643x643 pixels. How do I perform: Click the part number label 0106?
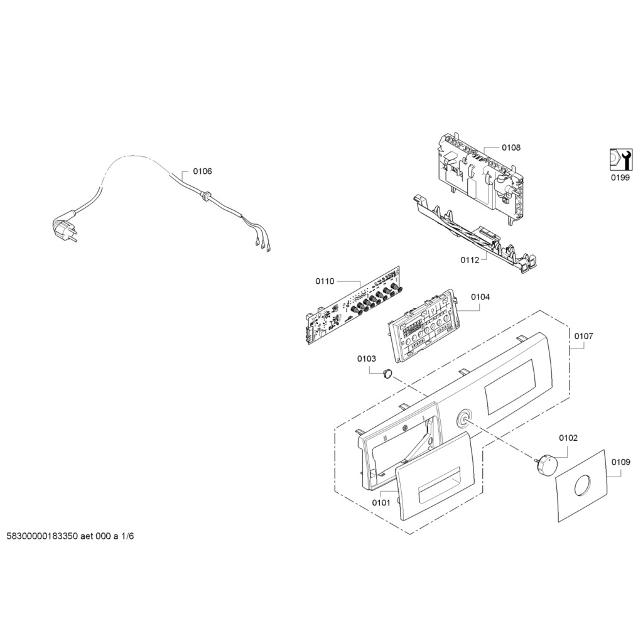click(x=203, y=171)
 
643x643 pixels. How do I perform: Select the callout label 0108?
click(x=511, y=148)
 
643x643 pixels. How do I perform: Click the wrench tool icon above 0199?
click(x=621, y=159)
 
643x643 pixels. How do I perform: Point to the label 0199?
click(x=620, y=178)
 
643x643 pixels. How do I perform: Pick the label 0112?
click(x=470, y=260)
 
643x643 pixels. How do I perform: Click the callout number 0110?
click(x=325, y=281)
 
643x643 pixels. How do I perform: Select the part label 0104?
click(x=480, y=297)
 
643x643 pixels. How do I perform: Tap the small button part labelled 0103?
click(x=387, y=373)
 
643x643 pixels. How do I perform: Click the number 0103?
click(x=367, y=359)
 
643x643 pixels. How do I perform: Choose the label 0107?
click(x=583, y=337)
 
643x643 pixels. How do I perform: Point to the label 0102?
click(x=568, y=438)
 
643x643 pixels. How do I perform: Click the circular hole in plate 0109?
click(x=582, y=485)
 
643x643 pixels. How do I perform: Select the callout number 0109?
click(x=621, y=462)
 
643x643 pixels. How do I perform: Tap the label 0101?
click(x=381, y=503)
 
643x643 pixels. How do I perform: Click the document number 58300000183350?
click(x=42, y=536)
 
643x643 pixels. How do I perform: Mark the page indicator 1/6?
click(x=127, y=536)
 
